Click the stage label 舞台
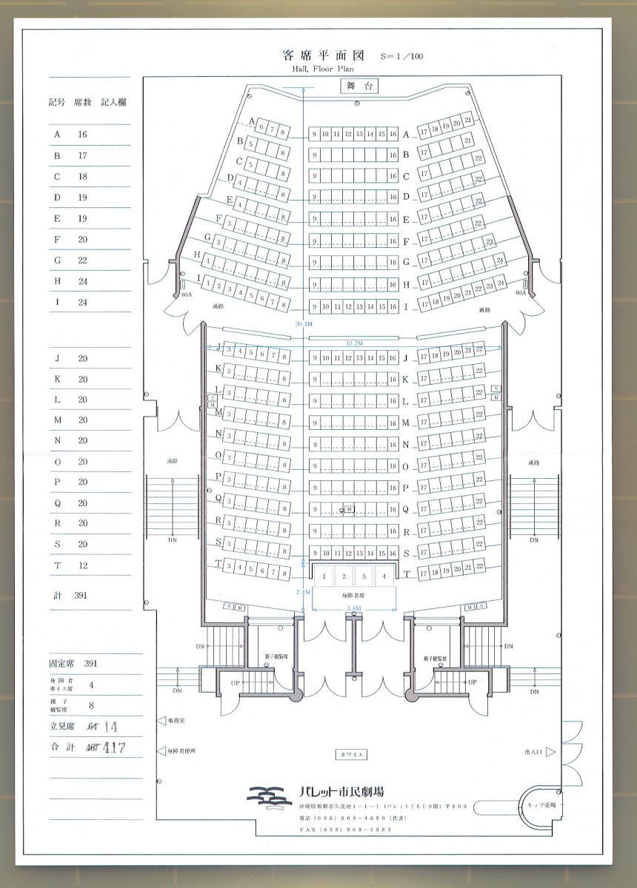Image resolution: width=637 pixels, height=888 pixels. [x=358, y=86]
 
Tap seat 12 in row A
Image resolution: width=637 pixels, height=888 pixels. [x=348, y=134]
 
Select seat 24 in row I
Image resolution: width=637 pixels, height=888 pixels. [x=501, y=283]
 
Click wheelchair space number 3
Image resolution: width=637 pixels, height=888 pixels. [x=364, y=575]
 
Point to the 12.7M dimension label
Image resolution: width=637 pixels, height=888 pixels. [x=354, y=343]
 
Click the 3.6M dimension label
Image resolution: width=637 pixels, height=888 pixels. [x=353, y=608]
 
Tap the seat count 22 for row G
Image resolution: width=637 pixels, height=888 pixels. [x=82, y=260]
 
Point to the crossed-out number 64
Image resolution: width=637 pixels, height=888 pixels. [x=93, y=727]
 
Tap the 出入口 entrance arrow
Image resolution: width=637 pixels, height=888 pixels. [x=550, y=752]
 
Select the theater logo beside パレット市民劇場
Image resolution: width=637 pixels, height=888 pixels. [x=269, y=798]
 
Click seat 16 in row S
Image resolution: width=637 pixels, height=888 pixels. [x=393, y=554]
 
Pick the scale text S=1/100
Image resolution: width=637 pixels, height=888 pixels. [x=401, y=56]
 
